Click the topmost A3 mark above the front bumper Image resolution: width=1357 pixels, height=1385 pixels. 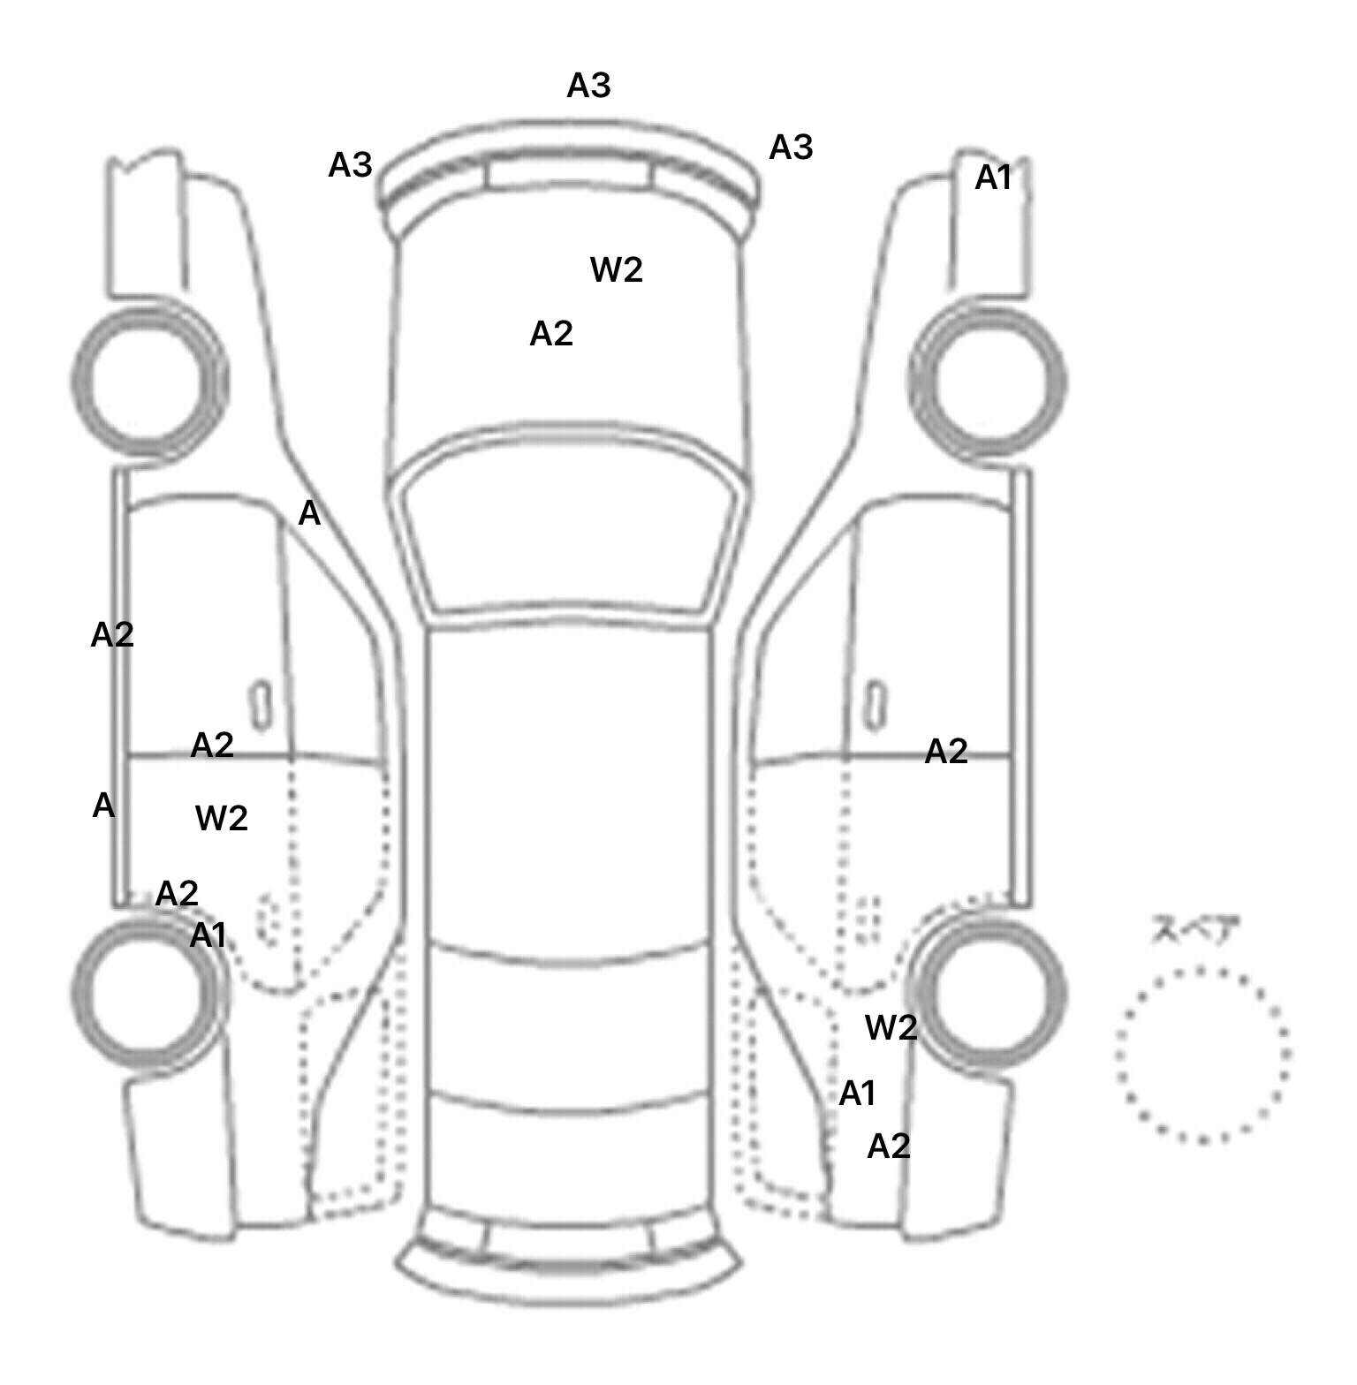tap(588, 86)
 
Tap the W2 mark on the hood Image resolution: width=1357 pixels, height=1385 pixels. tap(616, 269)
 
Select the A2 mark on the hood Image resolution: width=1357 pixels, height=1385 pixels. tap(551, 334)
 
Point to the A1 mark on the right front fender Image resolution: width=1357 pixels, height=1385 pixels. tap(992, 178)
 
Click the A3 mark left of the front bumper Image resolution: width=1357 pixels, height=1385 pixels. tap(350, 165)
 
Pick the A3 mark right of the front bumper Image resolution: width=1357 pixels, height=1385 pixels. tap(791, 148)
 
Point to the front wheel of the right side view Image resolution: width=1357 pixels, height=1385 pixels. tap(988, 382)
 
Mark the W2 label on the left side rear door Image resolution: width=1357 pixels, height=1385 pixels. tap(221, 819)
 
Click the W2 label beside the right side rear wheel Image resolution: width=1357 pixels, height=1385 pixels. tap(891, 1027)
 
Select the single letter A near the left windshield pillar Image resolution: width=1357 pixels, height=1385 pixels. tap(309, 513)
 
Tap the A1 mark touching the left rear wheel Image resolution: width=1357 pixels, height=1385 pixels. tap(208, 935)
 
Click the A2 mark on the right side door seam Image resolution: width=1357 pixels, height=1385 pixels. tap(945, 752)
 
